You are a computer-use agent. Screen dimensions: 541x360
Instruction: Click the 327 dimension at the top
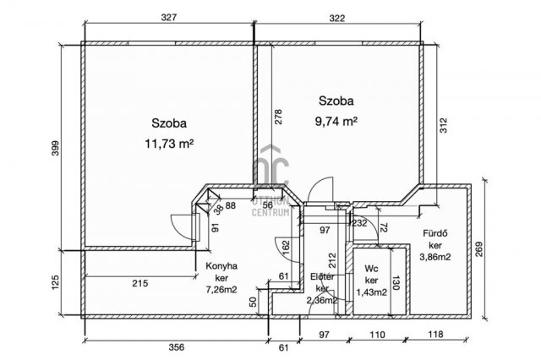coord(169,18)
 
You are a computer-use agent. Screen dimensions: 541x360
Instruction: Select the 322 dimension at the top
coord(336,18)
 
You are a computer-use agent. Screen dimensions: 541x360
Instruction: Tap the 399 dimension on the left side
coord(56,148)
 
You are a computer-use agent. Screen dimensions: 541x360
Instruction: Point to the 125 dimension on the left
coord(56,281)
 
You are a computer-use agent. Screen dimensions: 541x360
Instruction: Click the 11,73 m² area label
coord(169,144)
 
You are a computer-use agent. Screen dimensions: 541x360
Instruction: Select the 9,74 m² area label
coord(336,122)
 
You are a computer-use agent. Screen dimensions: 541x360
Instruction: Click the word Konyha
coord(221,266)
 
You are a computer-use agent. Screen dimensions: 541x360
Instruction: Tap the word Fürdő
coord(435,233)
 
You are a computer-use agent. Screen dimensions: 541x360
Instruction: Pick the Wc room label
coord(371,269)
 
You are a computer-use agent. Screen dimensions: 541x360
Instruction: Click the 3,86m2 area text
coord(435,257)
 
